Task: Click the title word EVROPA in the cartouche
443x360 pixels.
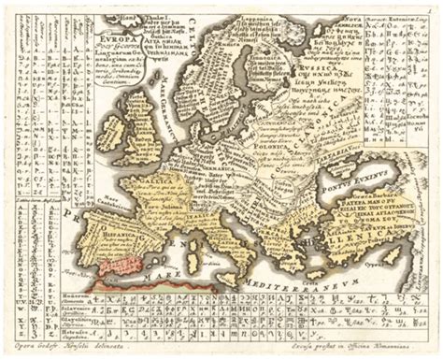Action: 113,41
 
